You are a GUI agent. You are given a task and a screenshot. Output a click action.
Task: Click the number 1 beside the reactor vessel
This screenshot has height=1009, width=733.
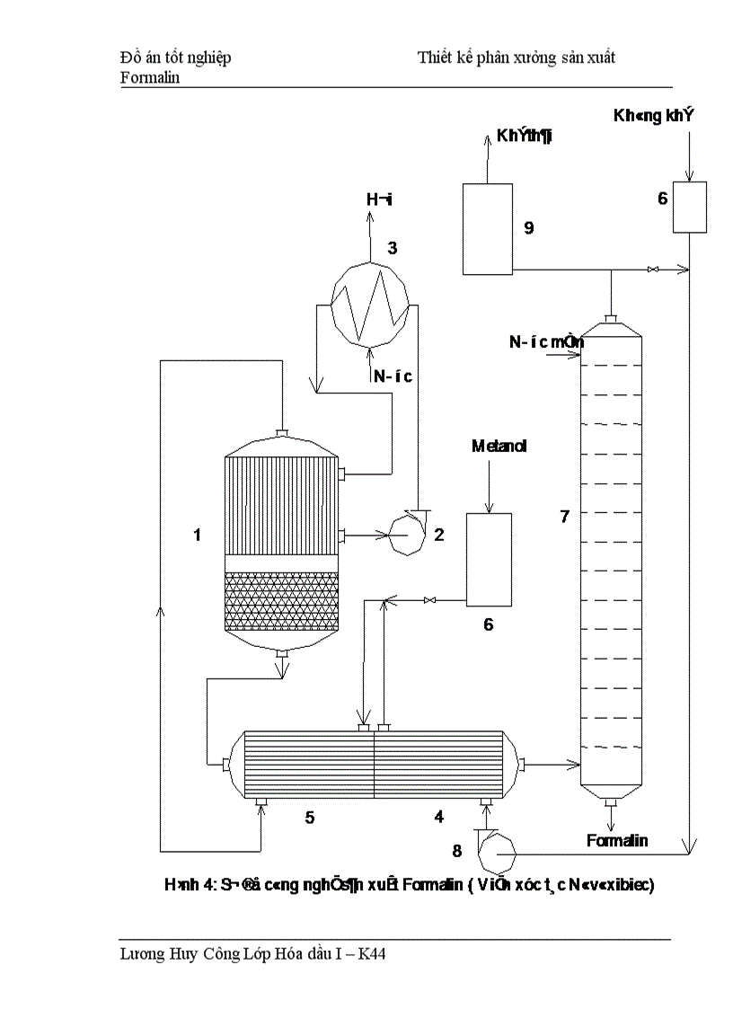tap(197, 535)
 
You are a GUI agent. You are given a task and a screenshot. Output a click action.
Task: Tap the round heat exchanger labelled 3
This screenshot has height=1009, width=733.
tap(370, 304)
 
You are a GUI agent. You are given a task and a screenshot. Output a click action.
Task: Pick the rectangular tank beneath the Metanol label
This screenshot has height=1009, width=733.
tap(488, 557)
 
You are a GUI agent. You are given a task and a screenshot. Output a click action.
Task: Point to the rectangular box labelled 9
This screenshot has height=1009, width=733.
tap(487, 228)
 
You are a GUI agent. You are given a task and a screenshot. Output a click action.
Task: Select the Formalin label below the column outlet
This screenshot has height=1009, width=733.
tap(616, 841)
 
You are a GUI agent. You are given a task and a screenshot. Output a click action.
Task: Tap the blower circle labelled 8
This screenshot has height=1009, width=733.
tap(496, 850)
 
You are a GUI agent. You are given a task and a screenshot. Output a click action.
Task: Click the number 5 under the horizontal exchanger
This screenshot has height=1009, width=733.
tap(309, 817)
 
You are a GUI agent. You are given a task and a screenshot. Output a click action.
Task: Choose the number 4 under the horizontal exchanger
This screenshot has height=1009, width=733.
tap(438, 817)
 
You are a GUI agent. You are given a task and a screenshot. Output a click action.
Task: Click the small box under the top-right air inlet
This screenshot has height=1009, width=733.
tap(690, 207)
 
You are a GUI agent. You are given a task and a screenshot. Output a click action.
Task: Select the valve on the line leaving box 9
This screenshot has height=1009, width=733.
tap(655, 269)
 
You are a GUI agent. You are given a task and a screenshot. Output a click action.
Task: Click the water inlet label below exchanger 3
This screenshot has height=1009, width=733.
tap(393, 376)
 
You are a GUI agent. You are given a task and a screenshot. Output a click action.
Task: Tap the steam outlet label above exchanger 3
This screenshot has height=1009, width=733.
tap(378, 199)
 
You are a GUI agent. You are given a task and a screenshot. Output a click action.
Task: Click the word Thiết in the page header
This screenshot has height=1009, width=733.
tap(436, 58)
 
